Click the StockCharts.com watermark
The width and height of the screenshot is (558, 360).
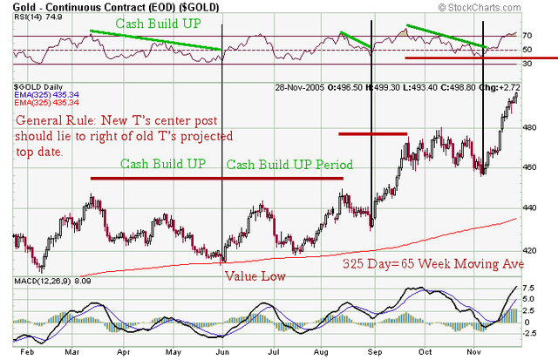[499, 9]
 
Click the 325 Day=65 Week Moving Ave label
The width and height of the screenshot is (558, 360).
[420, 262]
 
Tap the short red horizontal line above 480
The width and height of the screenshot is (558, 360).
[372, 133]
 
